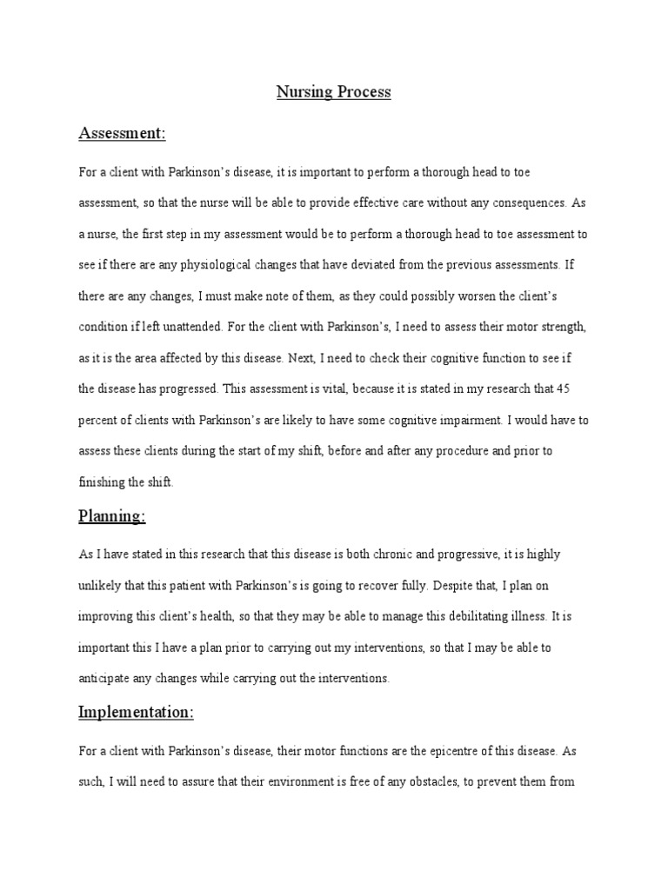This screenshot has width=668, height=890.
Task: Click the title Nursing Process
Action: pos(334,92)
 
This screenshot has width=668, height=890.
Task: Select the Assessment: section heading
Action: pos(122,133)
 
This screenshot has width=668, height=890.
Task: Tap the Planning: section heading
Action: pos(112,516)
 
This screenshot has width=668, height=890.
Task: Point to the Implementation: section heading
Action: pos(136,712)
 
